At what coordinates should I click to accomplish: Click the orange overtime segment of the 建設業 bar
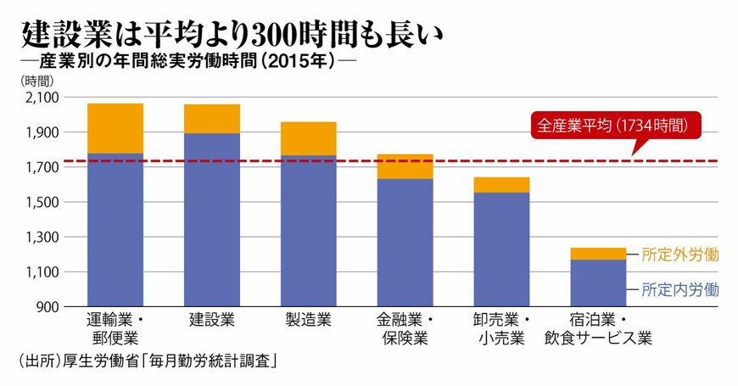[x=212, y=119]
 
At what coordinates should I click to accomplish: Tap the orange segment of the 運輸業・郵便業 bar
[x=115, y=128]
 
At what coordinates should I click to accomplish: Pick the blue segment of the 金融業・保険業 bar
[x=405, y=242]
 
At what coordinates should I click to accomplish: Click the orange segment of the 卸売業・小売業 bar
[x=501, y=185]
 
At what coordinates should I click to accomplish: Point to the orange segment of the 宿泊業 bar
[x=598, y=254]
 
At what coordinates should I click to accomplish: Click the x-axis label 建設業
[x=212, y=321]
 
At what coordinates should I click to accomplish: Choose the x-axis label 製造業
[x=309, y=321]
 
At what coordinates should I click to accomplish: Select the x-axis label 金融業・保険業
[x=405, y=330]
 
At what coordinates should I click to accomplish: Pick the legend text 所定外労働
[x=680, y=254]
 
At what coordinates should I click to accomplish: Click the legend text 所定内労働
[x=680, y=289]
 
